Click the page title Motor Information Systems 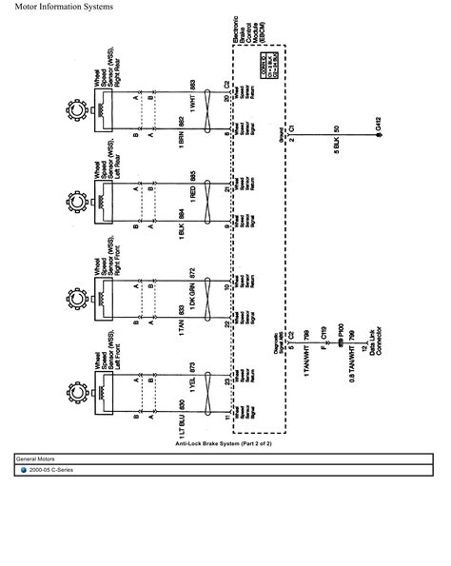[x=57, y=7]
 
